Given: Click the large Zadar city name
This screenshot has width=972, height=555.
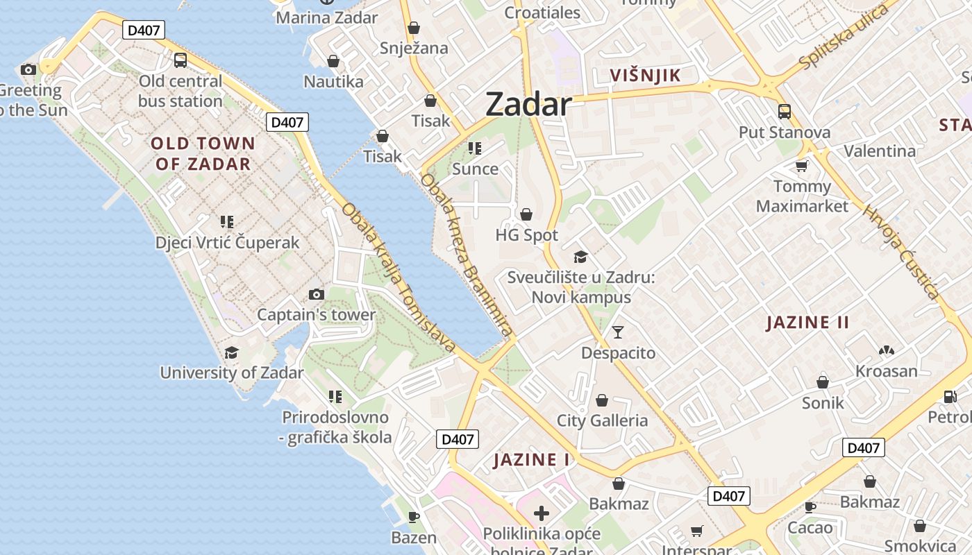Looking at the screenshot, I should coord(528,105).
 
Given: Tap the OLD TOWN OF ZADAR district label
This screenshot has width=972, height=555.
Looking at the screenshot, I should coord(203,153).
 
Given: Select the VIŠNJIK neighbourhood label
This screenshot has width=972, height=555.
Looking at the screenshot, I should coord(645,75).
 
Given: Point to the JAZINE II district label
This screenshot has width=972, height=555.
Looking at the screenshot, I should coord(808,322).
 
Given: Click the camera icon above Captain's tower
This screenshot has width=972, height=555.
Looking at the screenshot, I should coord(317,294).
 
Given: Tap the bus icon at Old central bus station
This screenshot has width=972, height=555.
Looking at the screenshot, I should coord(181,60).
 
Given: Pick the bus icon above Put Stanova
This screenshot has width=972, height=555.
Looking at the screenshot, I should coord(785,112).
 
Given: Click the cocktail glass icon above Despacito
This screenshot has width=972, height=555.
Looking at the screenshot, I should coord(618,332).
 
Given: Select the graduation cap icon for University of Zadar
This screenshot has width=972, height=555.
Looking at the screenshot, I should coord(231,352).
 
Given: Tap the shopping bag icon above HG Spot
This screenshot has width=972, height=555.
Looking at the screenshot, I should coord(526,214).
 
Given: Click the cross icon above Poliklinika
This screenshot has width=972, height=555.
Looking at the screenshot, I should coord(542,513).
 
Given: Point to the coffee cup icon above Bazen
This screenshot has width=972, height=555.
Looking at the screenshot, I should coord(414,517).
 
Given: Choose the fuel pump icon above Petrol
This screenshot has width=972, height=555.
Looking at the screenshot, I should coord(950,396).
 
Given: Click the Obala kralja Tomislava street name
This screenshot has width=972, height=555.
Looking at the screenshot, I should coord(399,278).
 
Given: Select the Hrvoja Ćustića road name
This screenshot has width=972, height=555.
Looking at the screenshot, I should coord(901,253).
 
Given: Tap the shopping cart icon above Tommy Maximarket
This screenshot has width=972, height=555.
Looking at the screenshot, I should coord(802,166).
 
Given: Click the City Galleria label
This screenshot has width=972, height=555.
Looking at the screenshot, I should coord(602,420).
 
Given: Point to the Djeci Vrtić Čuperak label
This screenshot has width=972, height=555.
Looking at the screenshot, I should coord(227,242).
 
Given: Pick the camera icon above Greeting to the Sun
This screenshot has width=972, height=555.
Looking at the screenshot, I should coord(28,69).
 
